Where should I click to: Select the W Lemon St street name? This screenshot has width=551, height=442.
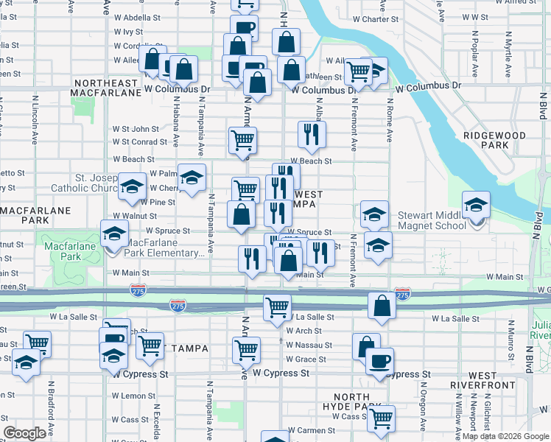[x=133, y=396]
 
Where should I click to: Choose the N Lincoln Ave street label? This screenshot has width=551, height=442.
[x=35, y=118]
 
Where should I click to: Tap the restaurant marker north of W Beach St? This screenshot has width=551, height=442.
[x=312, y=134]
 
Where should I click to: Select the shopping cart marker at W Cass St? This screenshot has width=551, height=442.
[x=382, y=418]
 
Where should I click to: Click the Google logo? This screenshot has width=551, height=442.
[x=24, y=433]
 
